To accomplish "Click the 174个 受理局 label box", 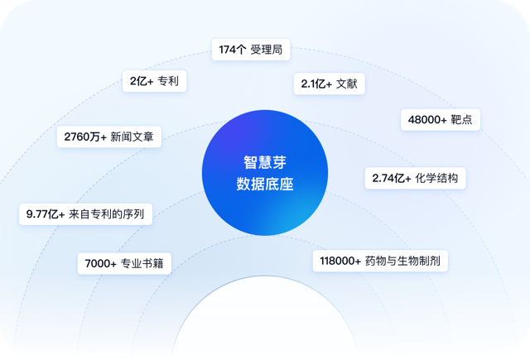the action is pyautogui.click(x=251, y=50).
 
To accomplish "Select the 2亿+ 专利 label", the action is pyautogui.click(x=155, y=81).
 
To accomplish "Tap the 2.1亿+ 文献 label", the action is pyautogui.click(x=330, y=84).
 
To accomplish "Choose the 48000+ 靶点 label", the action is pyautogui.click(x=441, y=119).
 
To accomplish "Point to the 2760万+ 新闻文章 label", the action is pyautogui.click(x=109, y=137).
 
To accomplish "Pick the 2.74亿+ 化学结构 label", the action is pyautogui.click(x=415, y=178).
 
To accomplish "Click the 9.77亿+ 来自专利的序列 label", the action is pyautogui.click(x=85, y=214).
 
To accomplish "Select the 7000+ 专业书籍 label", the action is pyautogui.click(x=124, y=263).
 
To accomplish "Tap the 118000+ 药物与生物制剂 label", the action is pyautogui.click(x=380, y=261).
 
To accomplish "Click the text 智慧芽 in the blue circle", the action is pyautogui.click(x=265, y=162).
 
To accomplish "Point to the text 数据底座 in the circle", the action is pyautogui.click(x=265, y=184).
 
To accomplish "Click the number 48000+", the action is pyautogui.click(x=427, y=119).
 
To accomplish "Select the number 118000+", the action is pyautogui.click(x=340, y=261).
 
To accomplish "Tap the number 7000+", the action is pyautogui.click(x=100, y=263).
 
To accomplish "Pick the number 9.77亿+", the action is pyautogui.click(x=46, y=214).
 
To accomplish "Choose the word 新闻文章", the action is pyautogui.click(x=132, y=137).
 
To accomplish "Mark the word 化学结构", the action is pyautogui.click(x=436, y=178).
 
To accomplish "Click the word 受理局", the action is pyautogui.click(x=267, y=50).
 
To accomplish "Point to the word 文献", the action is pyautogui.click(x=347, y=84).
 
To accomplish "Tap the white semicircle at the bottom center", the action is pyautogui.click(x=265, y=321).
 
